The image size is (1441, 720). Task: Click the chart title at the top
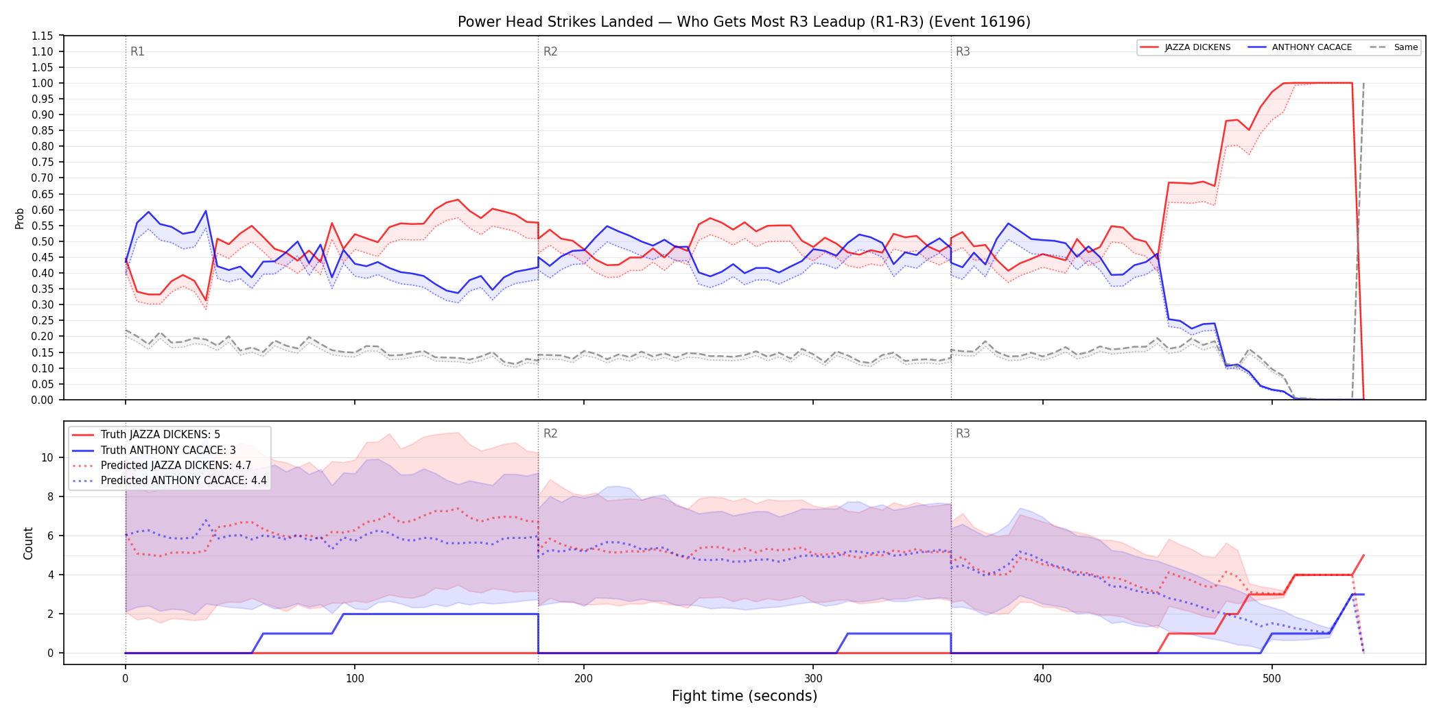(x=744, y=22)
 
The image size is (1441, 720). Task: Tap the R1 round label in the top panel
(x=137, y=51)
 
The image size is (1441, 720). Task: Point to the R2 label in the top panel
(x=550, y=51)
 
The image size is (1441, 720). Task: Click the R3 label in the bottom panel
(x=963, y=433)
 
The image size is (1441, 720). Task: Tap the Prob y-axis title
(x=20, y=218)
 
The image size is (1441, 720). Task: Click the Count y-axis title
(x=28, y=543)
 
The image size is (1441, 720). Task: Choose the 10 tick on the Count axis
(x=47, y=457)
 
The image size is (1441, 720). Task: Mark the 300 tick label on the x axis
(x=813, y=679)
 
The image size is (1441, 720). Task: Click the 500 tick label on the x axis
(x=1272, y=679)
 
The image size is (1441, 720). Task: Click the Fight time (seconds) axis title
(x=745, y=696)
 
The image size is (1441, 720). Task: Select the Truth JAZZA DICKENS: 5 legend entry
(x=161, y=435)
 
